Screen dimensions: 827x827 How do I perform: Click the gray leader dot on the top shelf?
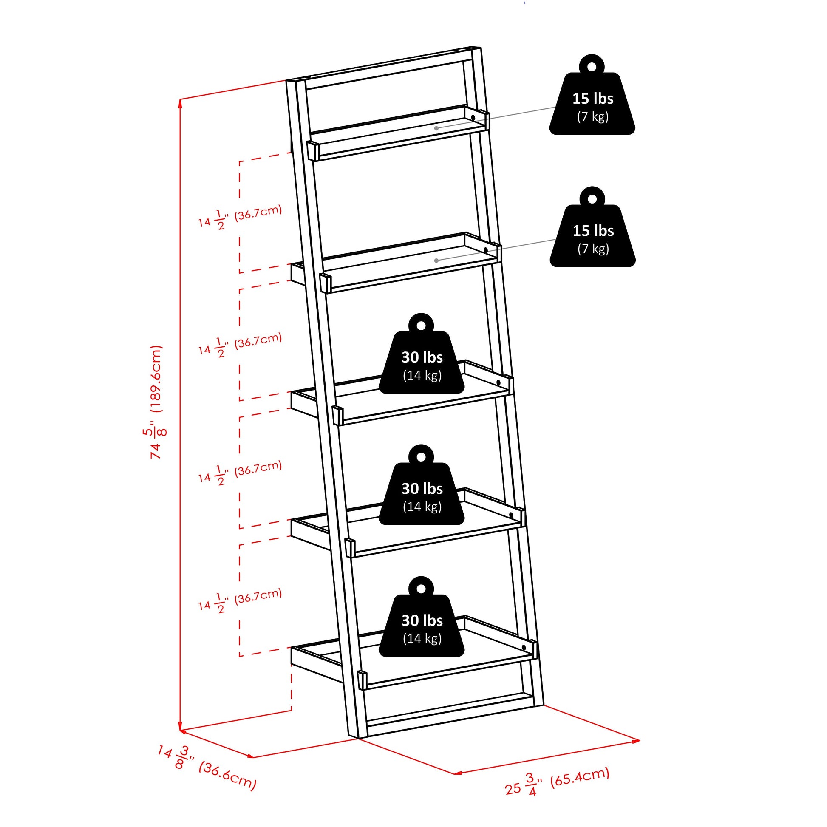click(x=436, y=128)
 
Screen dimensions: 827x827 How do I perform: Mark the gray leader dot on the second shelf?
click(x=436, y=260)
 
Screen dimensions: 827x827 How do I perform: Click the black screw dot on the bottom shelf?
click(x=524, y=648)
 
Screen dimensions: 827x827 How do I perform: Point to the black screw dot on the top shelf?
click(x=473, y=117)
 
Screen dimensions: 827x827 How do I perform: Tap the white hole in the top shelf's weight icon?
click(x=592, y=67)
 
